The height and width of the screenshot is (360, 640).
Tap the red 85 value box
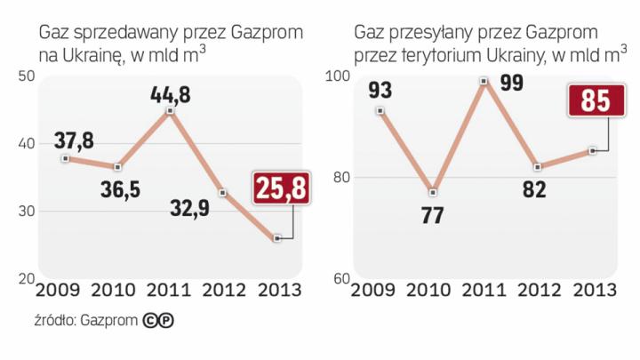(x=595, y=100)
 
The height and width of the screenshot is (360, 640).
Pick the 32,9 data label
(x=192, y=211)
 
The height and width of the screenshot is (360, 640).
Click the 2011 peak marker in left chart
(x=170, y=111)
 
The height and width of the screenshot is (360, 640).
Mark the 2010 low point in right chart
(x=433, y=193)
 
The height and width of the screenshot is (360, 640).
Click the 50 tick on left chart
(x=24, y=77)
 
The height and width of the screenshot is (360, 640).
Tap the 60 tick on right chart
(x=338, y=279)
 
